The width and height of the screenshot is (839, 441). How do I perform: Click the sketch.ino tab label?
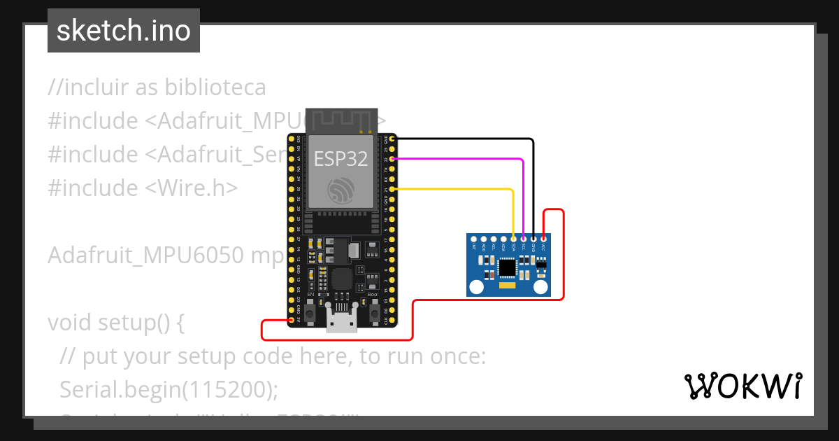(x=124, y=31)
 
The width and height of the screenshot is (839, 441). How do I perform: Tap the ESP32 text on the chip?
(x=340, y=159)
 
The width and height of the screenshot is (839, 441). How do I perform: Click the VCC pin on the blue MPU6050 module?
(x=543, y=239)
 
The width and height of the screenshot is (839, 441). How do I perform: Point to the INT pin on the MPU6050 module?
(x=474, y=239)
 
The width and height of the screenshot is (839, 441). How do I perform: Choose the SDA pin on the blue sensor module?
(x=514, y=239)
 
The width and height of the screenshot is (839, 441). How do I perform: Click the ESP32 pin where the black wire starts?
(x=394, y=139)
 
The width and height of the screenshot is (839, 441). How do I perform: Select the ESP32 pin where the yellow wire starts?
(x=394, y=189)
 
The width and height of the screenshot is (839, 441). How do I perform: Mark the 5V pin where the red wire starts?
(x=292, y=320)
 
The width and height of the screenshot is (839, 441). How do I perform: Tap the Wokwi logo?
(x=743, y=386)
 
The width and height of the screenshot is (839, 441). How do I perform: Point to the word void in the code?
(x=70, y=323)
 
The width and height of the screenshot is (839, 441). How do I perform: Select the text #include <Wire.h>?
(x=143, y=188)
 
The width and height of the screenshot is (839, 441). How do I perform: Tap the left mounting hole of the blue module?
(x=477, y=286)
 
